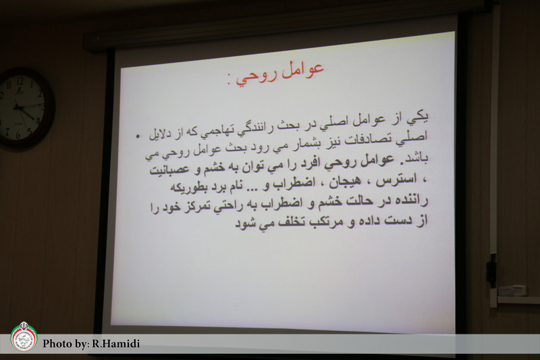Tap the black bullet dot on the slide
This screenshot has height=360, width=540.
[138, 136]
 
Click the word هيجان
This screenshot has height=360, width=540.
[345, 182]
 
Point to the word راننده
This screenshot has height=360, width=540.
[410, 199]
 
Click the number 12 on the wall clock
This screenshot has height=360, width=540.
[20, 82]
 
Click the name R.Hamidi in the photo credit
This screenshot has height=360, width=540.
[116, 344]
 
